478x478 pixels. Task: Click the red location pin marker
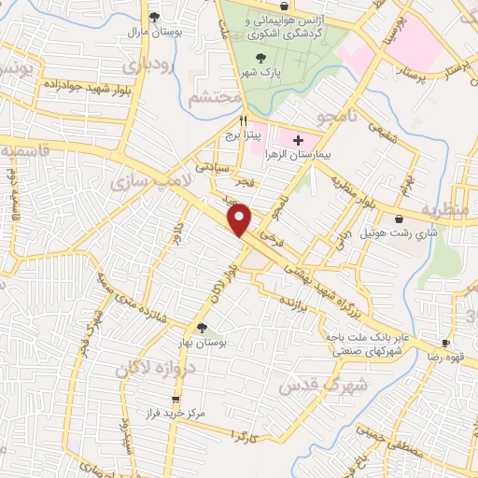coord(241,218)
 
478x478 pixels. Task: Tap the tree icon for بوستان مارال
coord(154,17)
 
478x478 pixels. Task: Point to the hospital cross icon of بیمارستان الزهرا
coord(298,138)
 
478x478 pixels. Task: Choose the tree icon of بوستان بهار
coord(202,327)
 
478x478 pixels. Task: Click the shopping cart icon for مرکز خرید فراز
coord(174,399)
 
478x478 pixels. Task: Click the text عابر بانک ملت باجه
coord(358,335)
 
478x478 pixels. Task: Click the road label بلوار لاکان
coord(220,276)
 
